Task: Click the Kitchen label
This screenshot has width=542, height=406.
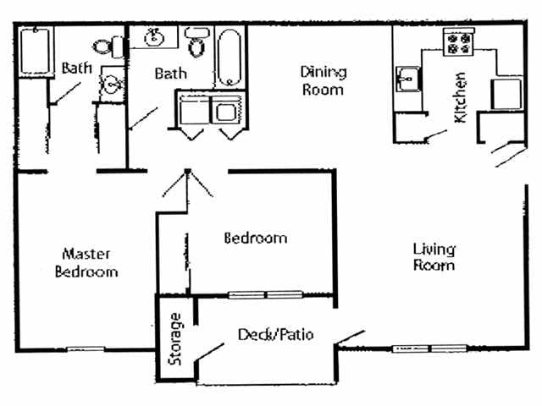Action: tap(462, 96)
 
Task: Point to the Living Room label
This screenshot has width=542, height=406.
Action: tap(434, 256)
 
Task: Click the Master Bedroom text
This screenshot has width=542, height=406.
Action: tap(86, 262)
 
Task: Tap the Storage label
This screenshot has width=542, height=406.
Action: tap(175, 338)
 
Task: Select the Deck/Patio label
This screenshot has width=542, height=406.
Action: tap(276, 334)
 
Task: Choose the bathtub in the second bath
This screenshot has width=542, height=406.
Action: tap(229, 58)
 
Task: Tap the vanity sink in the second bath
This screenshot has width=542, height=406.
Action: tap(154, 36)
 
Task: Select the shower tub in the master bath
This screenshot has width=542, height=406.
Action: tap(35, 51)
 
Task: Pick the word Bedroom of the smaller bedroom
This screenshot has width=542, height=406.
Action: tap(255, 238)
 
